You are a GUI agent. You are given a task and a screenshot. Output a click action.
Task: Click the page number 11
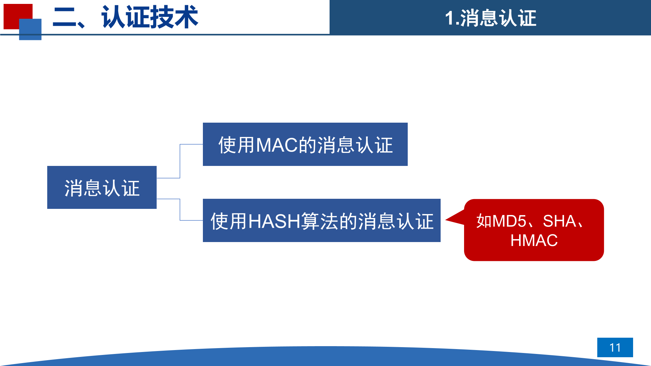pyautogui.click(x=615, y=347)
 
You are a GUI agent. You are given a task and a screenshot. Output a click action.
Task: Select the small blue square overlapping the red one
pyautogui.click(x=30, y=30)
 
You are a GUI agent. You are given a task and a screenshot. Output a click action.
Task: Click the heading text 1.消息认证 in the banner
pyautogui.click(x=490, y=18)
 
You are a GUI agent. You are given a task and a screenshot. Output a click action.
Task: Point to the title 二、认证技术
pyautogui.click(x=125, y=17)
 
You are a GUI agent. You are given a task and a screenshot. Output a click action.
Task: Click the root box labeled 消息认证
pyautogui.click(x=102, y=187)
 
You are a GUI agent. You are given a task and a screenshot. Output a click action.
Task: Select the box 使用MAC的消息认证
pyautogui.click(x=305, y=144)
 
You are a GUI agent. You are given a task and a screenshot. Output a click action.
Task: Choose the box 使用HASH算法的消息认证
pyautogui.click(x=321, y=221)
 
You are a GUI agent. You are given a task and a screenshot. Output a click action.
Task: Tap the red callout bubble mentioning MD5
pyautogui.click(x=534, y=230)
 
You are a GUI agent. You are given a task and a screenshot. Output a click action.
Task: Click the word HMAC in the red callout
pyautogui.click(x=534, y=240)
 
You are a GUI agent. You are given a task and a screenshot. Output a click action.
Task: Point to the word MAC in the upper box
pyautogui.click(x=277, y=145)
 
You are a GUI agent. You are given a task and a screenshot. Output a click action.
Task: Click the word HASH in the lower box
pyautogui.click(x=274, y=221)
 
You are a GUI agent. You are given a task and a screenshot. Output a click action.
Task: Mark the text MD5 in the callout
pyautogui.click(x=509, y=221)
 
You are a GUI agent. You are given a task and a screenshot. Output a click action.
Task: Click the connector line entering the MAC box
pyautogui.click(x=191, y=144)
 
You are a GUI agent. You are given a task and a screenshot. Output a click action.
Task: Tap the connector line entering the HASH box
pyautogui.click(x=191, y=220)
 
